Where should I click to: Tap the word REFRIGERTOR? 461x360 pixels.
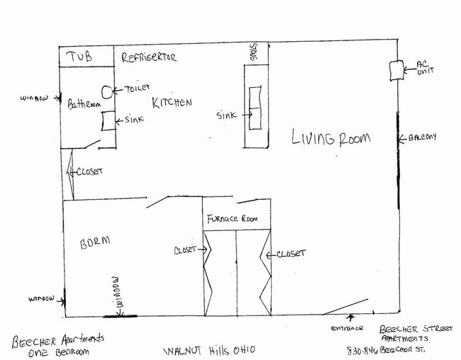click(x=148, y=57)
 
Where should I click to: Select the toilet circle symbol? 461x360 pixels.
click(x=108, y=91)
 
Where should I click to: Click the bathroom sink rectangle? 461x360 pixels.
click(x=107, y=121)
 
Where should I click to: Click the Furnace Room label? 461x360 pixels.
click(x=237, y=219)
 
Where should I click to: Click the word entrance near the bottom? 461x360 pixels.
click(x=348, y=328)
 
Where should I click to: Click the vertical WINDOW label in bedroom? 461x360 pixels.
click(x=119, y=293)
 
